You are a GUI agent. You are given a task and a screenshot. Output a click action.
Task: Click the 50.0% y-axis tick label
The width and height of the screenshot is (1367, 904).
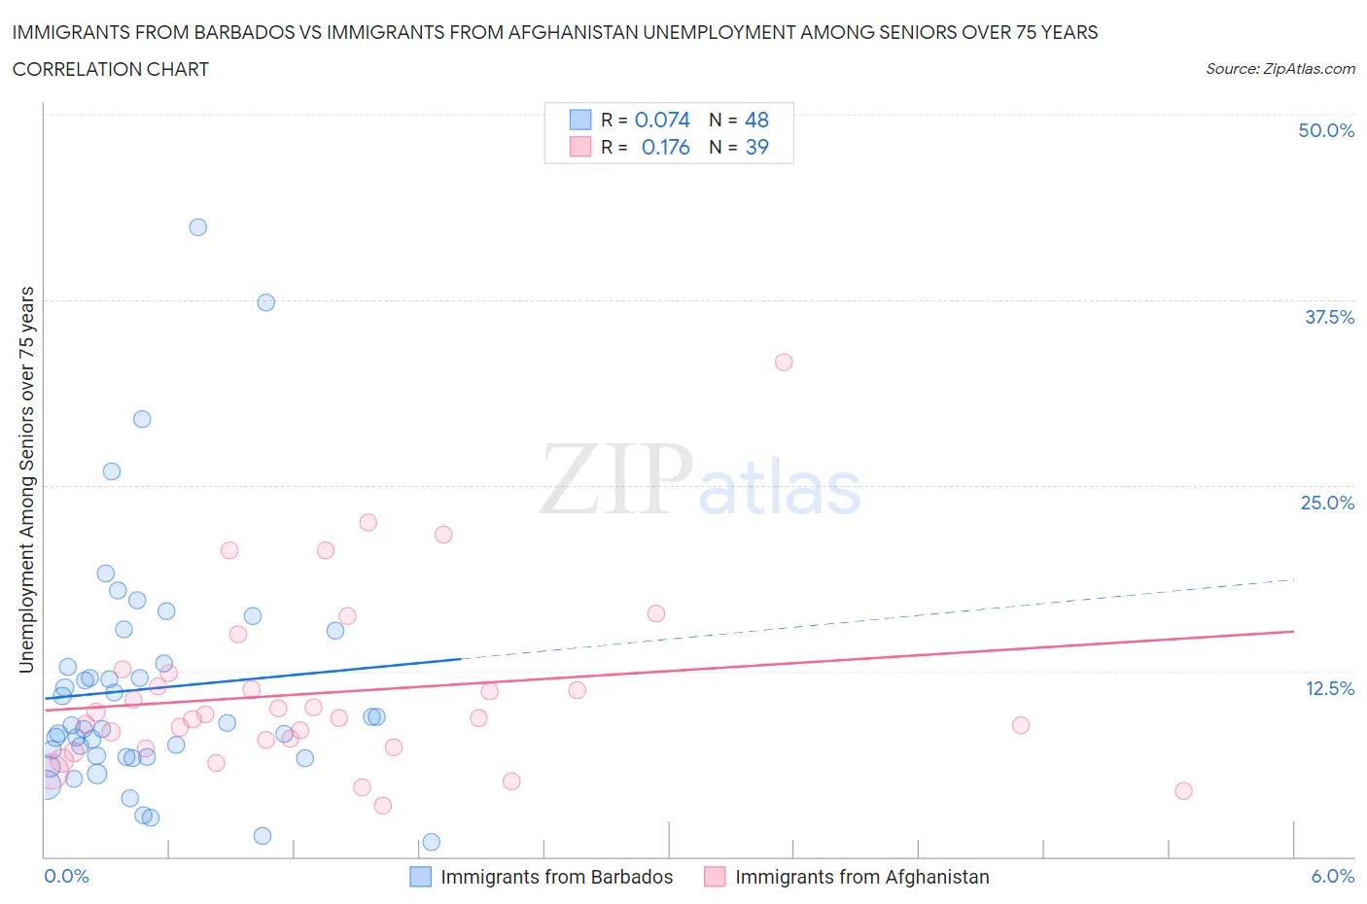(x=1326, y=130)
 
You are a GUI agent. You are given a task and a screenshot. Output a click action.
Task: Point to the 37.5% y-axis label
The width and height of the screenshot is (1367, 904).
(x=1329, y=317)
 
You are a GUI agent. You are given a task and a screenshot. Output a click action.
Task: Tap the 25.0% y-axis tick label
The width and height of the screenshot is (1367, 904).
(x=1327, y=503)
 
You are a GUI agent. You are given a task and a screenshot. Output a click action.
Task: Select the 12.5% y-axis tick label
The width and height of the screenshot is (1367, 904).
(x=1329, y=688)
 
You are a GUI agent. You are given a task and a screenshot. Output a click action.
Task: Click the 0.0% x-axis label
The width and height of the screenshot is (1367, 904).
(x=66, y=876)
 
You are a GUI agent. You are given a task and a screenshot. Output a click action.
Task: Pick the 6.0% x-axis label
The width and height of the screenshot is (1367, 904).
(x=1332, y=876)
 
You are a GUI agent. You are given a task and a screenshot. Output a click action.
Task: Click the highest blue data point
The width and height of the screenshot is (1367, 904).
(x=197, y=227)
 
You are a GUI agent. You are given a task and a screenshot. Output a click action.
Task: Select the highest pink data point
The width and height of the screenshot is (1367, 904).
(x=784, y=362)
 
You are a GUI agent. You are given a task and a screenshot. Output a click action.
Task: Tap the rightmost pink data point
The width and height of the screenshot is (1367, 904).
(x=1183, y=790)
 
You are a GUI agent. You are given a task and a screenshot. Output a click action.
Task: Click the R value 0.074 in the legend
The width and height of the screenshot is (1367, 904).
(x=662, y=120)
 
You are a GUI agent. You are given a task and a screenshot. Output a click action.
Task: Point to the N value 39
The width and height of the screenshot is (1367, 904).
(x=756, y=147)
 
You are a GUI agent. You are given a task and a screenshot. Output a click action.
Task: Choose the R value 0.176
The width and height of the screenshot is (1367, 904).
(x=665, y=147)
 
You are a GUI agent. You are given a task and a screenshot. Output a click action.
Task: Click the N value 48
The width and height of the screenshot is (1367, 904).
(x=756, y=120)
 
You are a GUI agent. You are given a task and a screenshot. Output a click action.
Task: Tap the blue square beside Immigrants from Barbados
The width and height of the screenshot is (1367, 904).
(x=420, y=877)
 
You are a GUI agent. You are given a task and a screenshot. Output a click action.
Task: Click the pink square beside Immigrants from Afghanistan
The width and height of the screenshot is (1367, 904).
(x=715, y=877)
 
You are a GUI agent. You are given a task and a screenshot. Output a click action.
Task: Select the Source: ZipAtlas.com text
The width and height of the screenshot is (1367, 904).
(x=1279, y=68)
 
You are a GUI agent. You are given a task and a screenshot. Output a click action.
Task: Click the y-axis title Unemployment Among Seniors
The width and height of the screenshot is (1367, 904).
(x=26, y=479)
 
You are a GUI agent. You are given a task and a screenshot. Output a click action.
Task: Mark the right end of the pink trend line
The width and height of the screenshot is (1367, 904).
(x=1294, y=632)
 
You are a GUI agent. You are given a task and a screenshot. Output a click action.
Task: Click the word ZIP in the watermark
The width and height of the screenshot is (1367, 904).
(x=615, y=479)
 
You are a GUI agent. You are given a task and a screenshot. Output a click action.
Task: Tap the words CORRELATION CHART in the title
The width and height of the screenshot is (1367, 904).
(x=111, y=69)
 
